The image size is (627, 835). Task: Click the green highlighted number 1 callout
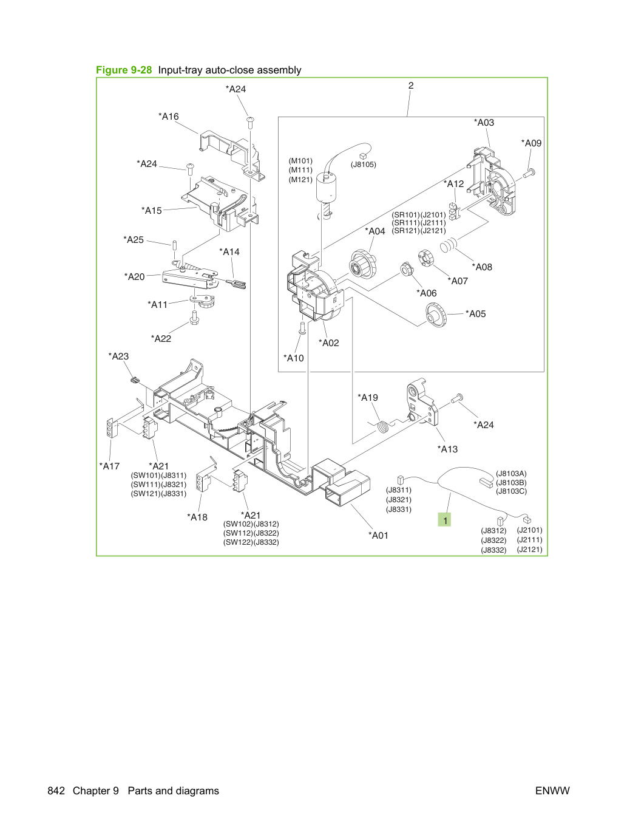coord(444,520)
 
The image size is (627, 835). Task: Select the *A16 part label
coord(169,117)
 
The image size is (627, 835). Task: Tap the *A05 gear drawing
coord(436,315)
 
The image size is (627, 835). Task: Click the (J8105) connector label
coord(363,165)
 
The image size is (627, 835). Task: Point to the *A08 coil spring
coord(448,245)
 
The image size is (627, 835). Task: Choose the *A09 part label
coord(531,143)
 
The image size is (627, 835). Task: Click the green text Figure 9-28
coord(124,70)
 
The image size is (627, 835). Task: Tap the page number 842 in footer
coord(56,791)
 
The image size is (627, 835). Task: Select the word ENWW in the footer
coord(552,791)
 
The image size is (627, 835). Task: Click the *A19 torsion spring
coord(383,427)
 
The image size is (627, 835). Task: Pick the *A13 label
coord(447,449)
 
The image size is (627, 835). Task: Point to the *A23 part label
coord(118,356)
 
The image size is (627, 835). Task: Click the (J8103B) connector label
coord(511,482)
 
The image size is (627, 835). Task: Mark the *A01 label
coord(378,535)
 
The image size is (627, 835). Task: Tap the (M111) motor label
coord(300,170)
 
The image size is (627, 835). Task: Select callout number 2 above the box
coord(411,86)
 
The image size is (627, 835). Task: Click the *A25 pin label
coord(134,240)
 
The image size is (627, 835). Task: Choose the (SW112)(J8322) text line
coord(251,533)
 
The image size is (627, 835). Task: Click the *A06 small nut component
coord(407,270)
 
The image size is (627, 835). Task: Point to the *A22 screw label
coord(161,339)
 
